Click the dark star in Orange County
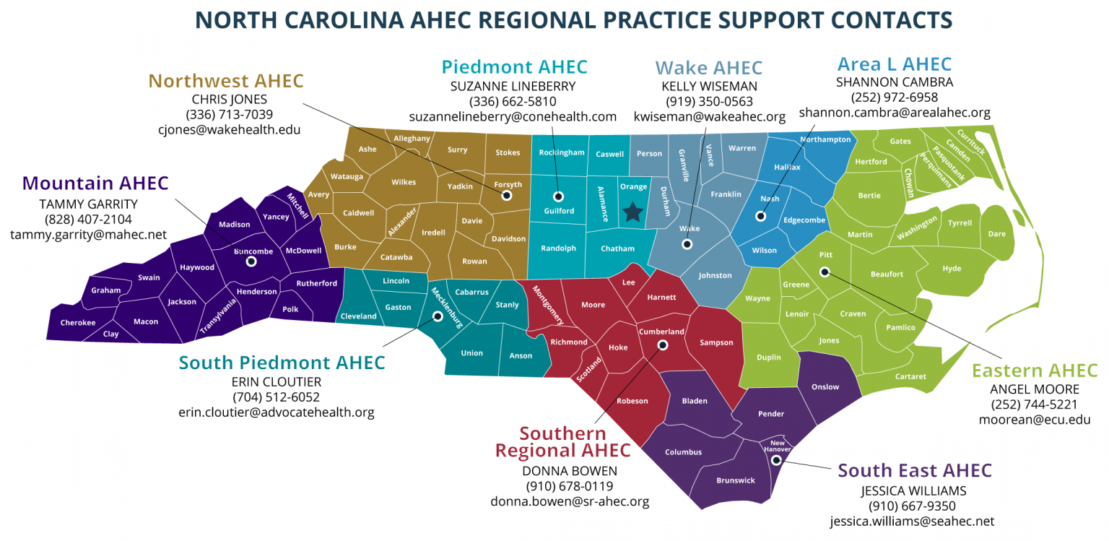click(633, 211)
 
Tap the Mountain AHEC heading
click(95, 183)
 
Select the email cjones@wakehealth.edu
click(229, 130)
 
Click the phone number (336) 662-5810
click(513, 101)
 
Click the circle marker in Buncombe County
click(251, 261)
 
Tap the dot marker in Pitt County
click(825, 272)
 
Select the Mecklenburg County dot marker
click(437, 316)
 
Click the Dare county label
click(996, 234)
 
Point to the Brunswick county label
click(736, 480)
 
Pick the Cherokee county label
click(78, 323)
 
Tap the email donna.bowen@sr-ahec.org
click(570, 501)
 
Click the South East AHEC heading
click(915, 471)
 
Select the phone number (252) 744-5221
click(1034, 404)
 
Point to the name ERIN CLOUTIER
click(276, 381)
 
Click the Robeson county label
click(632, 401)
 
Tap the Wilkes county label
click(404, 182)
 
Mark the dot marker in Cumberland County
click(663, 345)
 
